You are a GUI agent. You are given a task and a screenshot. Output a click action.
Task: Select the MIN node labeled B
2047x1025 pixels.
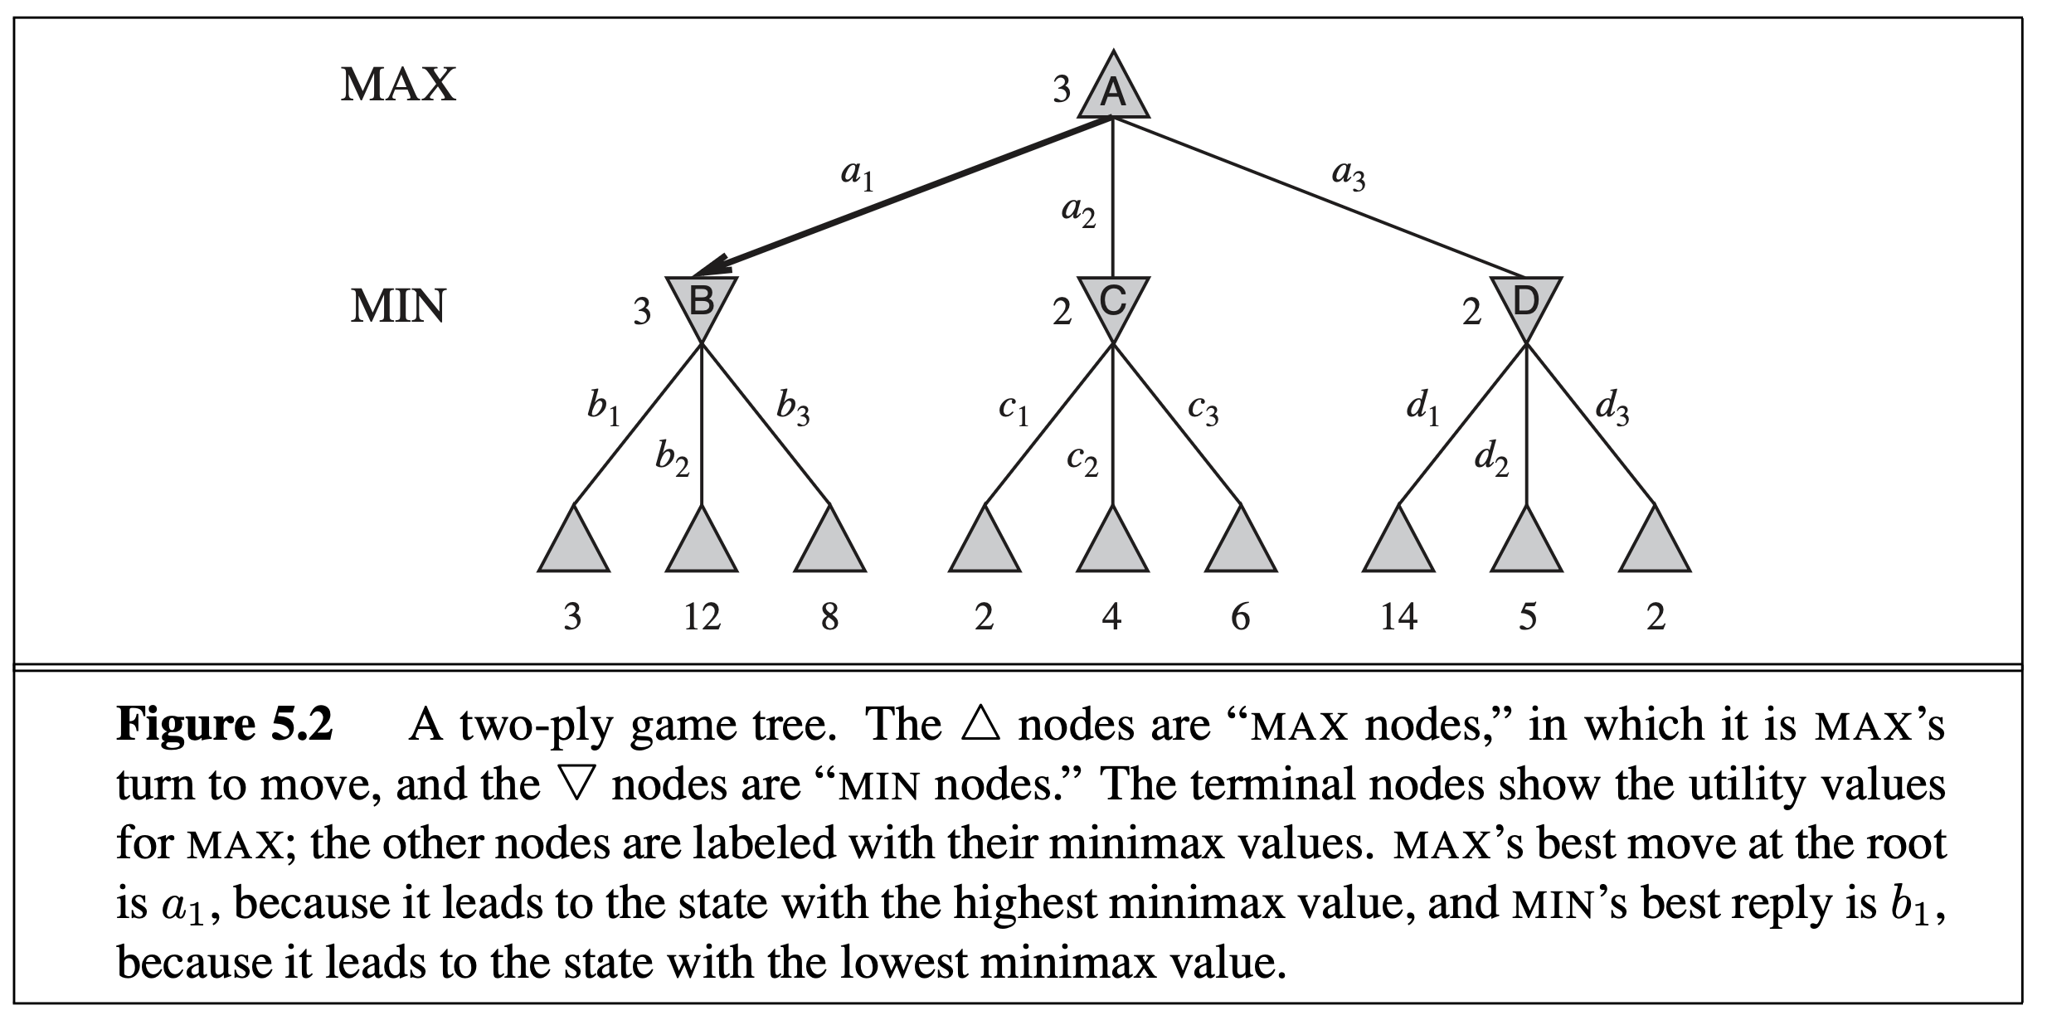(x=702, y=304)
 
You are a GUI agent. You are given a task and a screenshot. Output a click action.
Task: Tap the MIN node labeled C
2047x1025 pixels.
(x=1112, y=304)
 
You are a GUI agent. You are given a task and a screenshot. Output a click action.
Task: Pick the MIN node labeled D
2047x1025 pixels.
(x=1524, y=304)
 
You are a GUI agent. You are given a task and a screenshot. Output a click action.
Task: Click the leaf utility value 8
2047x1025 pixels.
(x=829, y=617)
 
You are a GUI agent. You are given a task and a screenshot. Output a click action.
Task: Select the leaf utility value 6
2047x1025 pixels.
(x=1240, y=617)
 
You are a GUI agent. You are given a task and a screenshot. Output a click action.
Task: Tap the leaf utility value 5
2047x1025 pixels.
(x=1527, y=617)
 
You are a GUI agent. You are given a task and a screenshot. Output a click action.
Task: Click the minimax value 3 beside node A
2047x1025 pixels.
(x=1062, y=90)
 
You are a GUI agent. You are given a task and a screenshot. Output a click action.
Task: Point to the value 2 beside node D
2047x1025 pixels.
(x=1471, y=313)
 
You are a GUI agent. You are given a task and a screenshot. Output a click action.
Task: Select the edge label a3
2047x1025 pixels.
(x=1348, y=175)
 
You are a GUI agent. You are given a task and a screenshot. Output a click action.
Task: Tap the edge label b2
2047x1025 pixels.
(x=672, y=459)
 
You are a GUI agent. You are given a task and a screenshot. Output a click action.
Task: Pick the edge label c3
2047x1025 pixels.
(x=1203, y=409)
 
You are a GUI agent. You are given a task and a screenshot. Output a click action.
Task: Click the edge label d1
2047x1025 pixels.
(x=1422, y=409)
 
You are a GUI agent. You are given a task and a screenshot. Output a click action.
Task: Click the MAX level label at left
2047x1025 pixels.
(x=398, y=85)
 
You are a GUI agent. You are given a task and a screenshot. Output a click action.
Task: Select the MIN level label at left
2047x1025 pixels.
(x=398, y=306)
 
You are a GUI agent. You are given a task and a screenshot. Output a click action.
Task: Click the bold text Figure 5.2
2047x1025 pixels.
(x=225, y=725)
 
